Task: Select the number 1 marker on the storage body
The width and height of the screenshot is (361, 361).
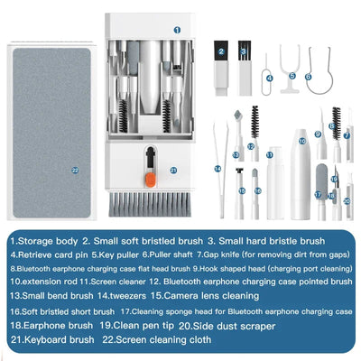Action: pyautogui.click(x=177, y=29)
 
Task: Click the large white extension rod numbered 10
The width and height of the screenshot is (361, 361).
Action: pyautogui.click(x=301, y=153)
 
